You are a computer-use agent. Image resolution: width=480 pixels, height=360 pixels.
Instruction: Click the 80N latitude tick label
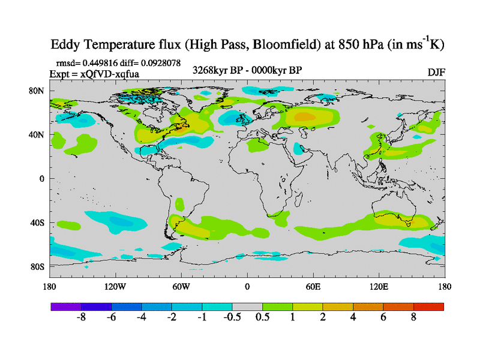(37, 91)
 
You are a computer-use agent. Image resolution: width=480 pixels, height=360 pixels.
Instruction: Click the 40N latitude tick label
(37, 134)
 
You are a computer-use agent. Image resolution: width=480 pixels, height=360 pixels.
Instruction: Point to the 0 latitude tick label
(42, 179)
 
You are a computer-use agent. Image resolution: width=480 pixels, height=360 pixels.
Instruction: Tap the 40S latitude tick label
(37, 223)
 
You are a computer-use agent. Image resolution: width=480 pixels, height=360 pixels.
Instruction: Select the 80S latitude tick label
(37, 266)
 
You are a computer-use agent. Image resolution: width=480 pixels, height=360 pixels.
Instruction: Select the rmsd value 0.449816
(102, 62)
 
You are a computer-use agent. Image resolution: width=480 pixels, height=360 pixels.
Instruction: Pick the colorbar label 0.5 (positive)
(262, 318)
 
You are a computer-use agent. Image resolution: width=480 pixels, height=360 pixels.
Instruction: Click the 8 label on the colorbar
(413, 318)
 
